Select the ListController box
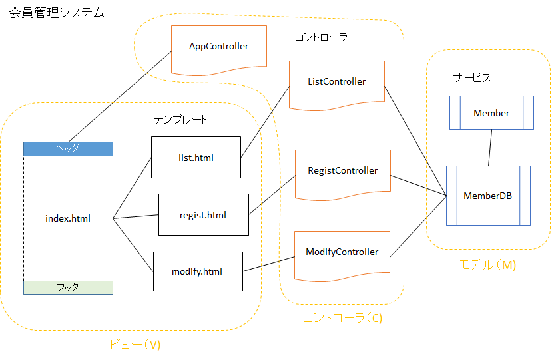pos(336,83)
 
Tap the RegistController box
pos(342,172)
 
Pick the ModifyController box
pos(342,253)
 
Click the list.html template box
pos(196,158)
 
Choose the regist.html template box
pos(203,215)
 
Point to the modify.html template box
pos(197,271)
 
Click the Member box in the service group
pos(491,113)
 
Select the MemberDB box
pos(488,196)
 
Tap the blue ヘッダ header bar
pos(68,148)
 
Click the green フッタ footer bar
pos(68,287)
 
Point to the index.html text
pos(68,218)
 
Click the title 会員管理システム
pos(57,13)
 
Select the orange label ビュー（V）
pos(135,345)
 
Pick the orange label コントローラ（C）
pos(342,318)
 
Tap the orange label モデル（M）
pos(487,264)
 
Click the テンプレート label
pos(180,120)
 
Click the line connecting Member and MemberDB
pos(490,148)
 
